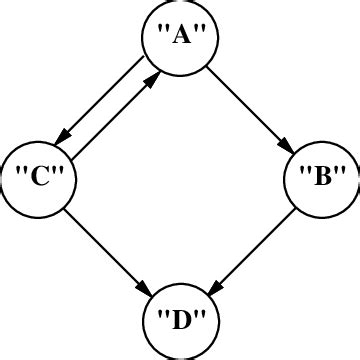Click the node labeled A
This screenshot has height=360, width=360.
tap(180, 38)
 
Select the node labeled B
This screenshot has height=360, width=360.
tap(322, 180)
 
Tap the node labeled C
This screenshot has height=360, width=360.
tap(38, 180)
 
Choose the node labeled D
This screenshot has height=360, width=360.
tap(180, 322)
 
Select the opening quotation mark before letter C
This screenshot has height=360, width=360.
tap(21, 174)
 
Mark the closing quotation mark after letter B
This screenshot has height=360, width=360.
tap(341, 174)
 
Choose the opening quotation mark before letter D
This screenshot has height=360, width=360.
tap(162, 316)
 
